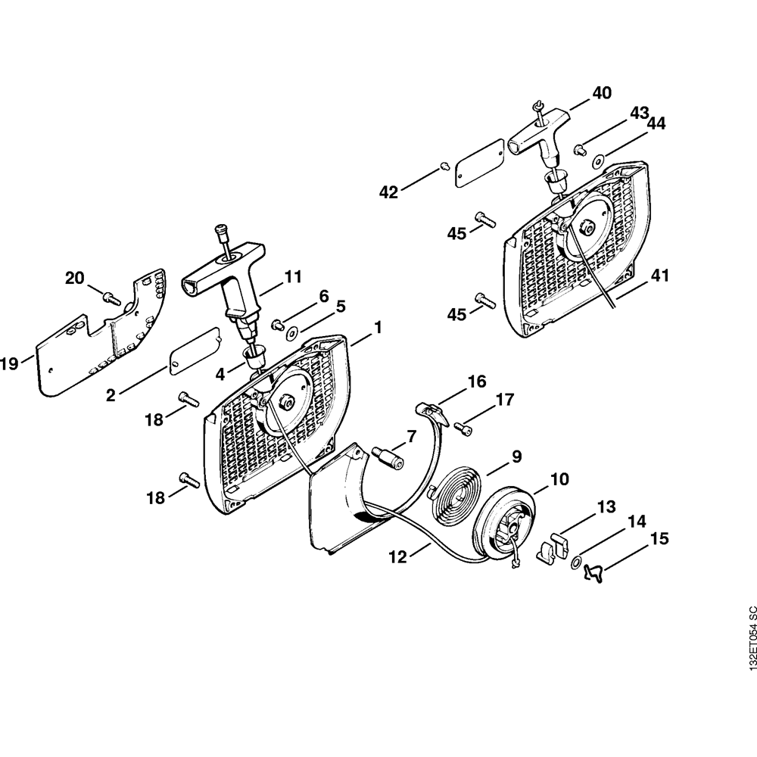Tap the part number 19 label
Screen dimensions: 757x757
[x=10, y=364]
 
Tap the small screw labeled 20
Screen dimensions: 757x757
[x=112, y=299]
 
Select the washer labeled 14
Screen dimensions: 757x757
[x=575, y=562]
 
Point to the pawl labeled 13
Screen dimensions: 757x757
[x=554, y=547]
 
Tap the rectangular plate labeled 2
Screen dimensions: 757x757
[x=195, y=350]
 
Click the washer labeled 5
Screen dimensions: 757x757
[x=292, y=331]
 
